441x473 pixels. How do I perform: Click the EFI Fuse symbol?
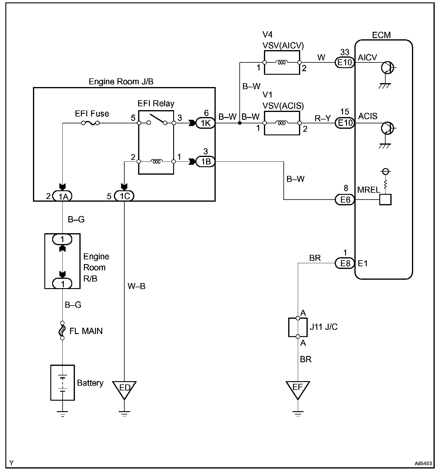91,123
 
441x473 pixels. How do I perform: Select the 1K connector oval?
205,123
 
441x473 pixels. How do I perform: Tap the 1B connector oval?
205,162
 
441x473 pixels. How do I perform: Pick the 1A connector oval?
63,196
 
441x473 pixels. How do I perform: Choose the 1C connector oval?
124,196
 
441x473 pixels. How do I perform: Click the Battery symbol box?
62,383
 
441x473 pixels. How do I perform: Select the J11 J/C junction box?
298,327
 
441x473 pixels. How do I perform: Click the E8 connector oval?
345,263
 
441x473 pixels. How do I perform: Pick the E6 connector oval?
345,200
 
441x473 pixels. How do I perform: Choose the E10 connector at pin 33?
345,62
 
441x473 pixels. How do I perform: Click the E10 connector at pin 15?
345,123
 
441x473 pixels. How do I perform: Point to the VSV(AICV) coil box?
282,62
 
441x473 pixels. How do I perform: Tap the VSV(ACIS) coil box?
282,123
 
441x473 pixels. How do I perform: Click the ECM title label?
381,35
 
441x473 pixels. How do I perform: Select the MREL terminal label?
368,190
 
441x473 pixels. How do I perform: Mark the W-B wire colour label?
136,286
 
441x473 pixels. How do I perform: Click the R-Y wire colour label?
323,118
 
